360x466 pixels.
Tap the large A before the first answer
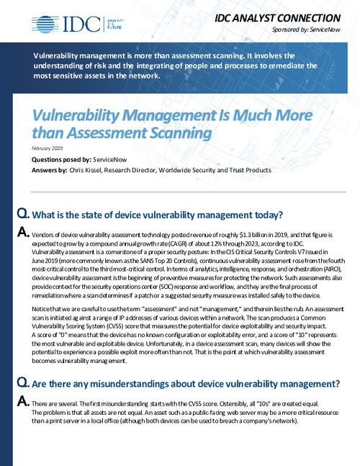point(22,233)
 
